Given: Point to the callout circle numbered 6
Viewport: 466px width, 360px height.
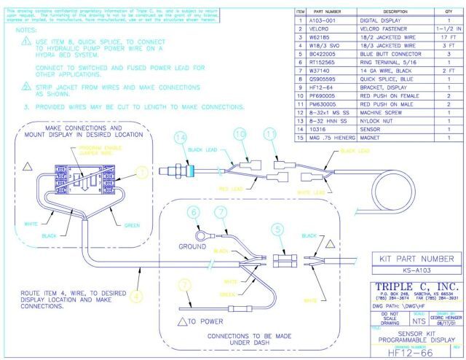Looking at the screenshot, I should pyautogui.click(x=193, y=212).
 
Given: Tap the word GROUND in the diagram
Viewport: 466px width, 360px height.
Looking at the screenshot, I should pyautogui.click(x=193, y=247).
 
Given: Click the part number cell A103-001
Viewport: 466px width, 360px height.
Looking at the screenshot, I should pyautogui.click(x=328, y=21).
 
